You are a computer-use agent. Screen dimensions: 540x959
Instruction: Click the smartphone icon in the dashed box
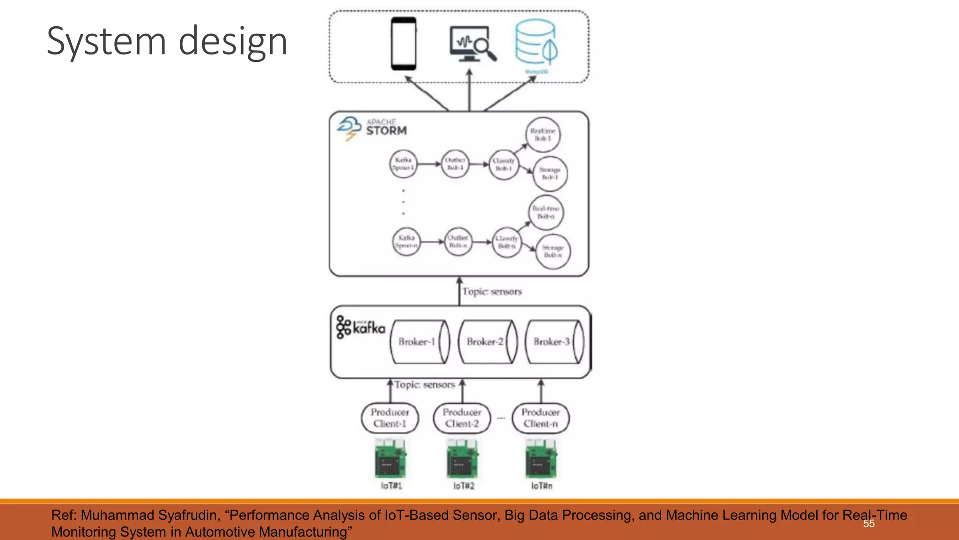(403, 44)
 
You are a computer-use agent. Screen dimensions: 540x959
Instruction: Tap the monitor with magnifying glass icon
(472, 44)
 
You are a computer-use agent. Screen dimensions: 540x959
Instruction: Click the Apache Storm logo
(372, 128)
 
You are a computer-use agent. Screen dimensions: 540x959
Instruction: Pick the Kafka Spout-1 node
(403, 164)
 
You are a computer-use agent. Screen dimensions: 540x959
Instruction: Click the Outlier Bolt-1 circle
(455, 164)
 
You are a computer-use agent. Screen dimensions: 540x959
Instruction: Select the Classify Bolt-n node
(507, 242)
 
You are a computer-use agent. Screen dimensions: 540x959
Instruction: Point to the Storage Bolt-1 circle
(550, 173)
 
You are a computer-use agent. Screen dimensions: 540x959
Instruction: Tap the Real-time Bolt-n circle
(546, 212)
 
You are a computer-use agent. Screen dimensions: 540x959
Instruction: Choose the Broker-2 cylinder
(487, 342)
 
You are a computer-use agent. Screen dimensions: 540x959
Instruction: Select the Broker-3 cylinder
(554, 342)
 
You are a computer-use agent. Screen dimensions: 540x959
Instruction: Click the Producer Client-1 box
(390, 418)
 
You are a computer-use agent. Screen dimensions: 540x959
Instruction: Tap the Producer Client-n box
(540, 418)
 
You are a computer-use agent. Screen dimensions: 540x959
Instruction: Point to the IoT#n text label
(541, 486)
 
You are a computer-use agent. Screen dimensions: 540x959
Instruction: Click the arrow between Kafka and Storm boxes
(459, 291)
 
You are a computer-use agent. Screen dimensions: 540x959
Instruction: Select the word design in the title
(233, 42)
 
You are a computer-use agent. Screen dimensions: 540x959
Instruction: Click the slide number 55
(869, 524)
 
